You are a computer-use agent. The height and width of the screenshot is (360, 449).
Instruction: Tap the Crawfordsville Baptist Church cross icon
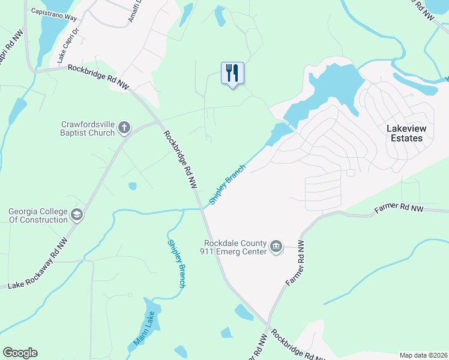point(124,127)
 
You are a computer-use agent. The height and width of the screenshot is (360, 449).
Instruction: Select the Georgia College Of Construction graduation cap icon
point(76,215)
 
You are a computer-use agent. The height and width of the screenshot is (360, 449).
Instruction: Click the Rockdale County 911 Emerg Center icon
point(276,246)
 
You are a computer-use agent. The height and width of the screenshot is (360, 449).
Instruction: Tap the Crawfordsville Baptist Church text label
point(88,128)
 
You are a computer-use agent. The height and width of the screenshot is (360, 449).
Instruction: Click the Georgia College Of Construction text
point(38,215)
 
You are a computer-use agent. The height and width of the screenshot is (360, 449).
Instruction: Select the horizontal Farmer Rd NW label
point(399,209)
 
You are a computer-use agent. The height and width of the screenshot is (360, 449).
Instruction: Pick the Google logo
point(20,353)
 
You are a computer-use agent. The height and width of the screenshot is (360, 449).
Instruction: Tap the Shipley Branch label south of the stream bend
point(176,263)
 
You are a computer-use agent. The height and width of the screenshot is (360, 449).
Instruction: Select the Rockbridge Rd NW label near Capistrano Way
point(98,76)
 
